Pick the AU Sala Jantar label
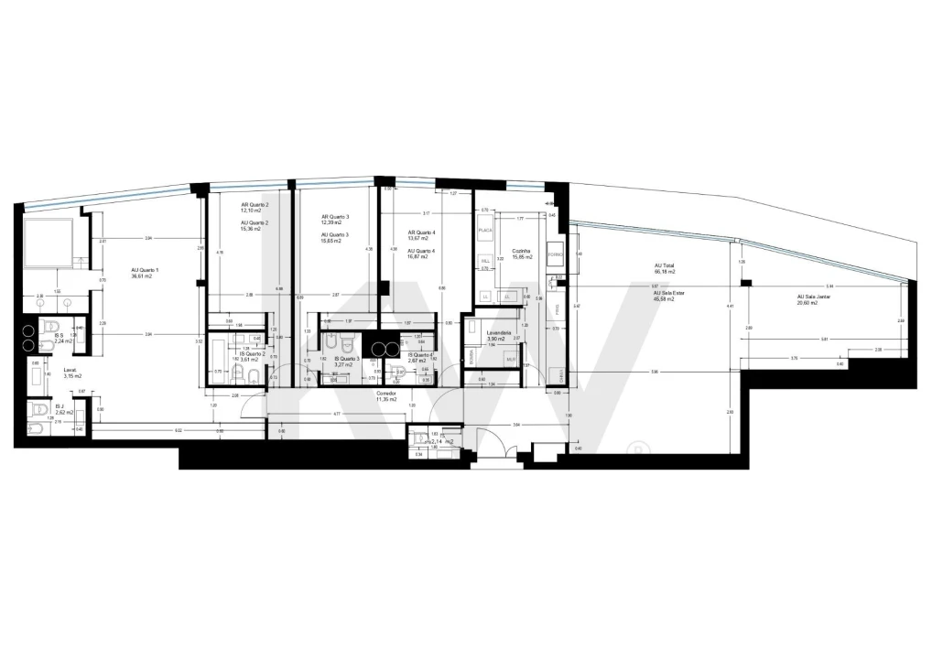[815, 298]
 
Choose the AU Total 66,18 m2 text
[665, 269]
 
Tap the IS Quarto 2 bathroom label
[253, 355]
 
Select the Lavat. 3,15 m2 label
[72, 373]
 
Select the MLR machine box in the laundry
[511, 360]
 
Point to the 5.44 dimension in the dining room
[830, 286]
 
